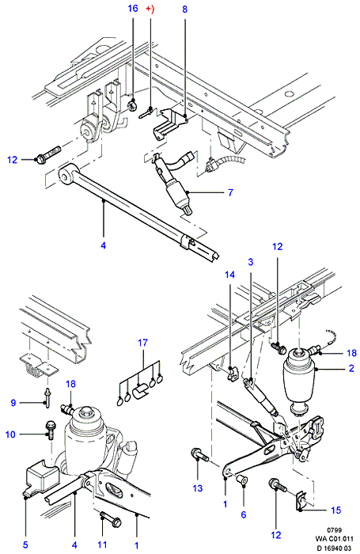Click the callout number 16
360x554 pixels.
point(133,8)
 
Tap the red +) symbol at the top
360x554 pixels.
point(150,9)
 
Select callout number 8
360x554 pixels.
point(185,9)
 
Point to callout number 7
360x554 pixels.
point(230,192)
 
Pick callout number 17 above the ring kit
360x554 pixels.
point(143,343)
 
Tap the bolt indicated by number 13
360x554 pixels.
point(199,455)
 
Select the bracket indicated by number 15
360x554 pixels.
point(301,500)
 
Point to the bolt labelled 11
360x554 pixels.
point(111,521)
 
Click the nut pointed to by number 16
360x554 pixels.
point(133,104)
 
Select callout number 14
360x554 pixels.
point(229,275)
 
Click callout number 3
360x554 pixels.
point(251,262)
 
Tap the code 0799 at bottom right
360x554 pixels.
point(334,530)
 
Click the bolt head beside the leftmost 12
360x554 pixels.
point(40,158)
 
